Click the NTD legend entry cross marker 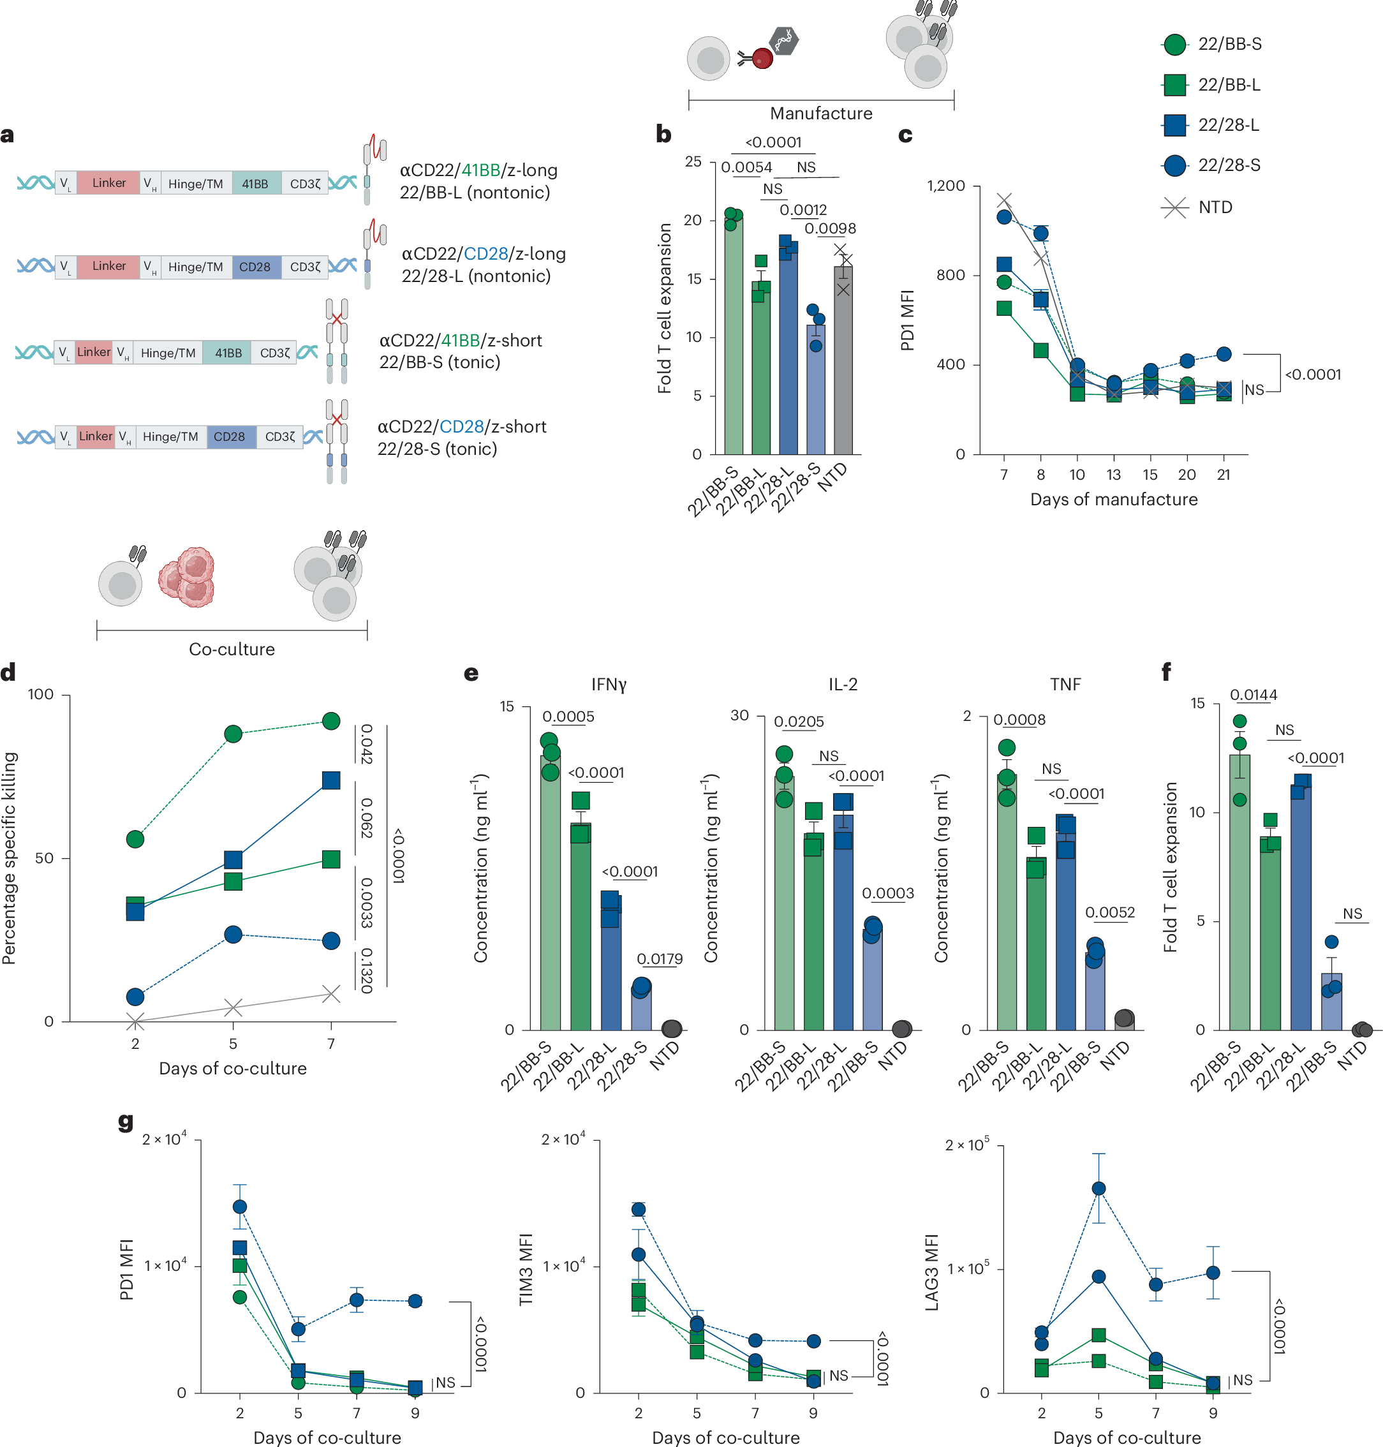[1174, 207]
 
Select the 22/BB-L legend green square [1174, 85]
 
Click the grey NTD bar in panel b [843, 361]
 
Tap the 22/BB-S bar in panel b [733, 339]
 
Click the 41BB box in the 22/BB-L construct [255, 184]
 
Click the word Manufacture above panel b [820, 114]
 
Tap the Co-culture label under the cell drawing [232, 649]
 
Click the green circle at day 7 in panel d [331, 720]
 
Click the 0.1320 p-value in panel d [366, 970]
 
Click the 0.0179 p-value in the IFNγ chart [659, 958]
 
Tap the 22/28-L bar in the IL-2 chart [843, 921]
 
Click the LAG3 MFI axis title [931, 1272]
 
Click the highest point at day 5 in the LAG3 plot [1098, 1187]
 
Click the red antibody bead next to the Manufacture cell [762, 57]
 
